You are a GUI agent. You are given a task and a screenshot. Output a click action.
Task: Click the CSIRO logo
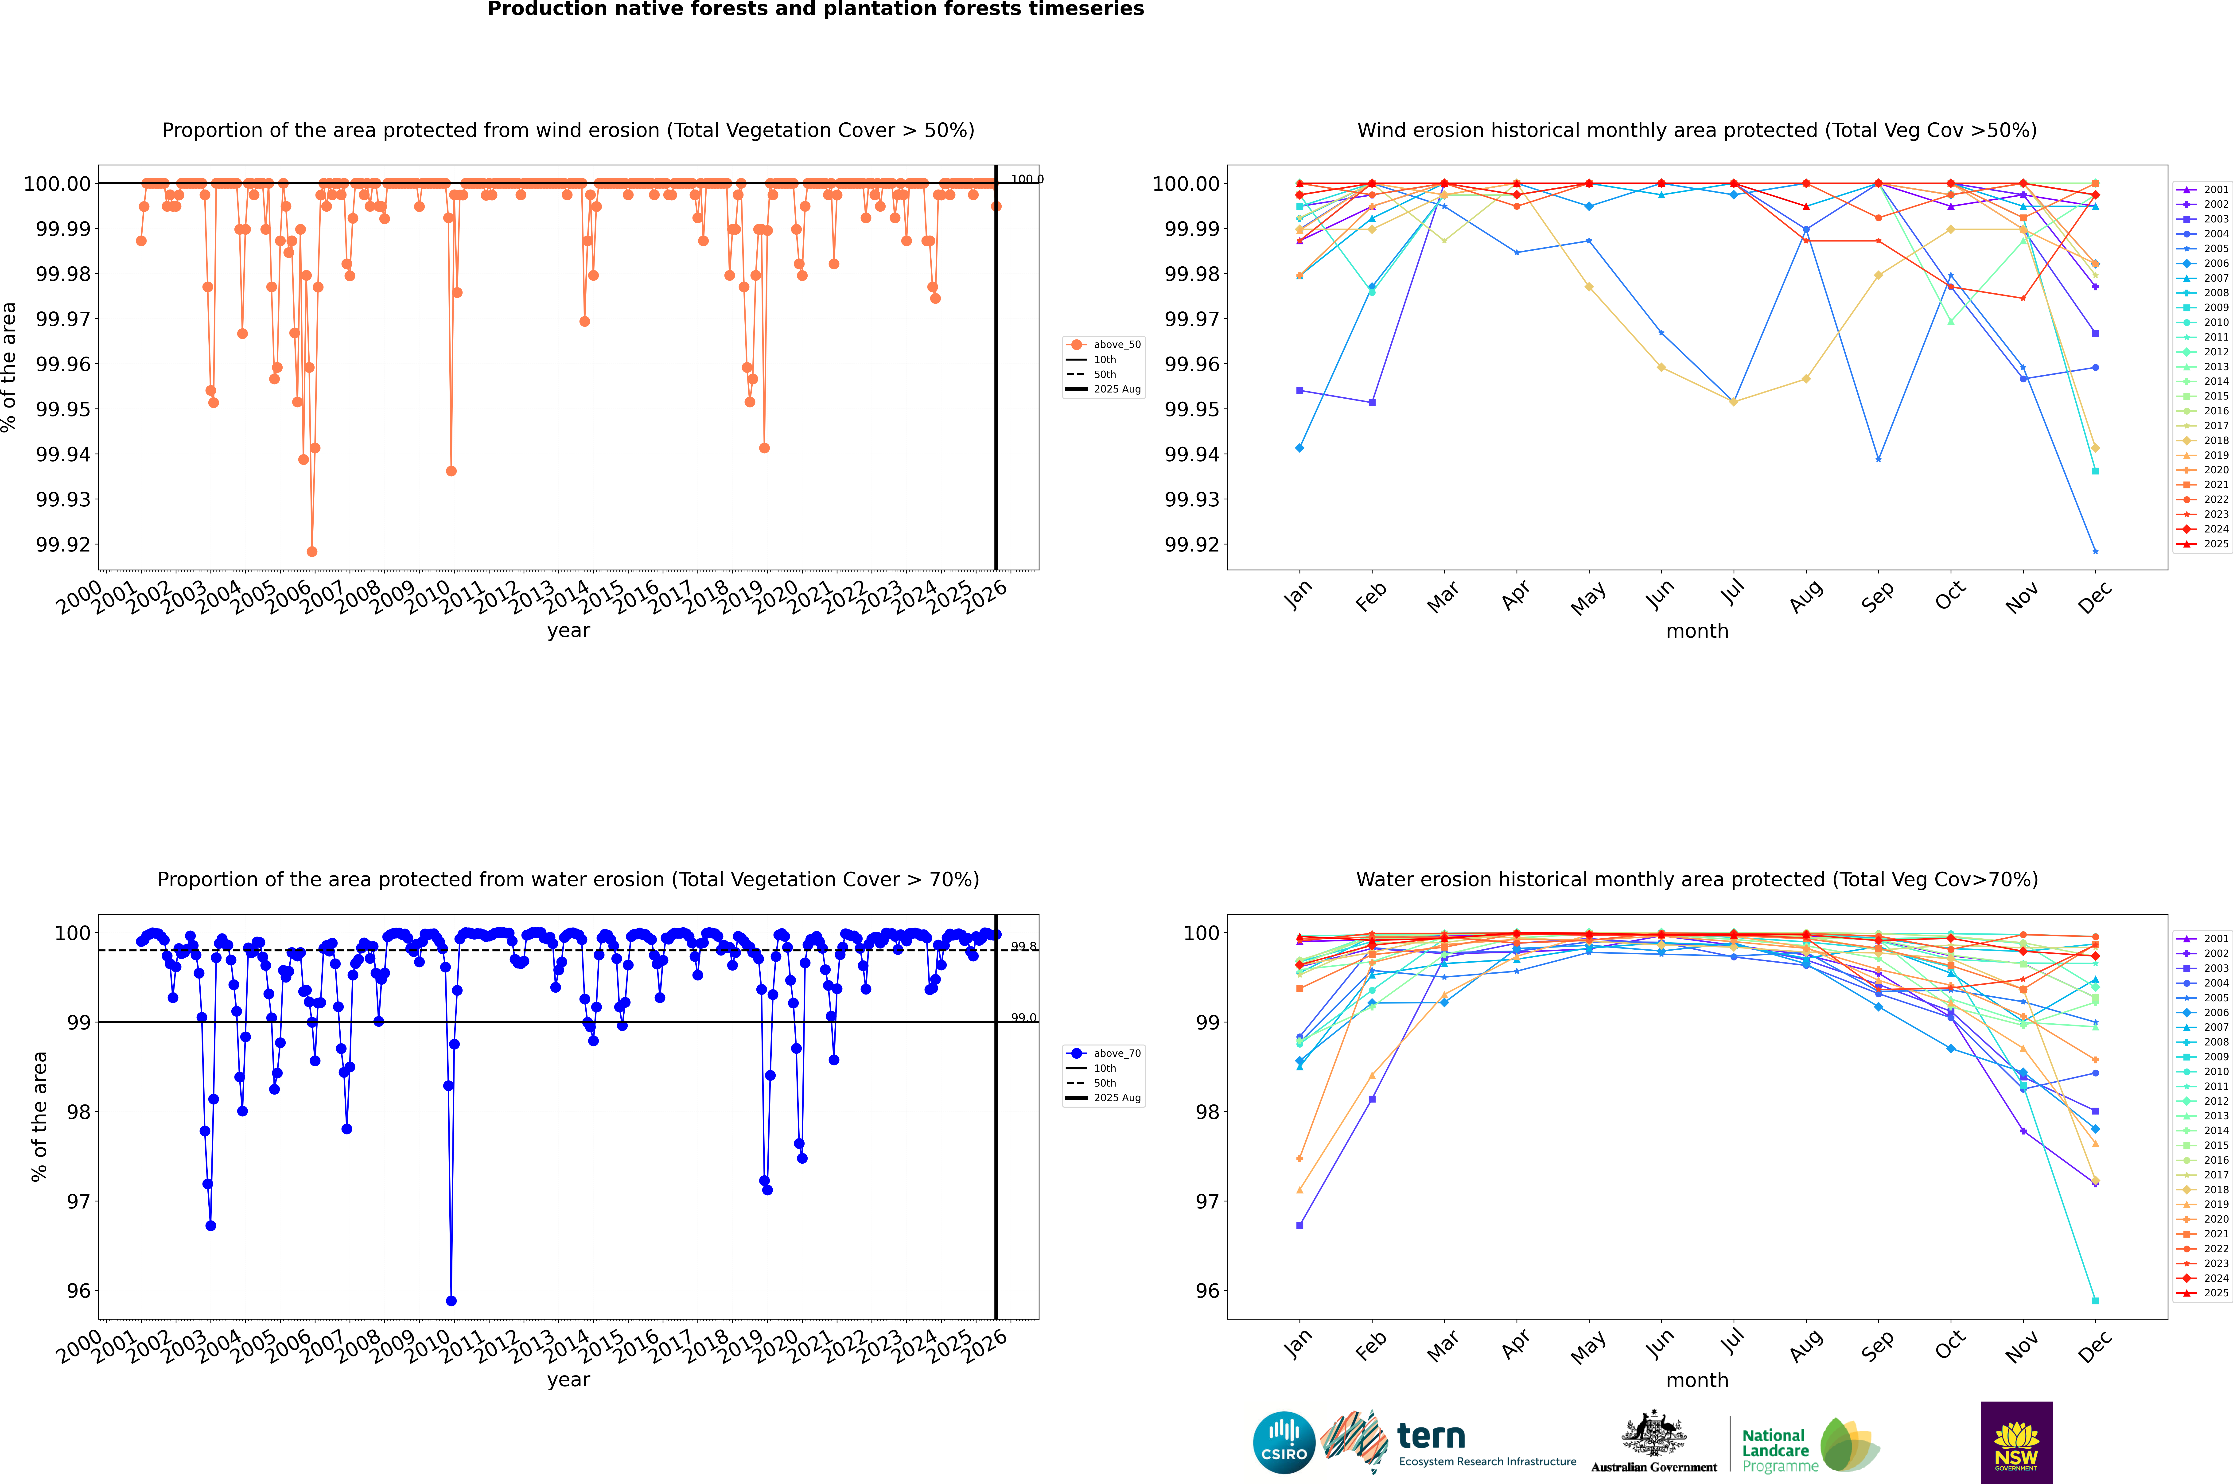[x=1284, y=1442]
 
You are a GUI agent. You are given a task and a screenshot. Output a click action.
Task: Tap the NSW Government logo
[x=2016, y=1442]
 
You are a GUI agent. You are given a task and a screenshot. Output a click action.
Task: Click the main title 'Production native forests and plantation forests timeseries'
[x=815, y=9]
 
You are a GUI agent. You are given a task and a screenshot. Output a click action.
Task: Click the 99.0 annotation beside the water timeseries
[x=1023, y=1018]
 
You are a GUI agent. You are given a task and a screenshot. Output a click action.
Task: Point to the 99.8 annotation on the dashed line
[x=1023, y=946]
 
